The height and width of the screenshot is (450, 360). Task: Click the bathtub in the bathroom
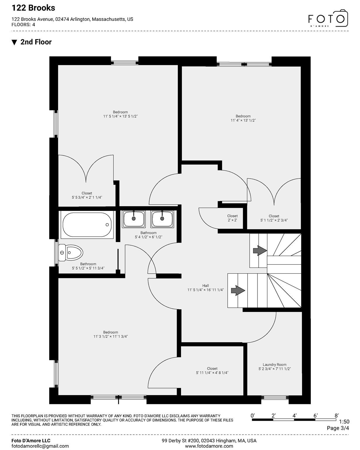coord(87,225)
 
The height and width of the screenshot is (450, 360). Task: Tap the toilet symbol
coord(71,253)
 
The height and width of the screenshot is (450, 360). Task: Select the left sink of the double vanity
coord(134,219)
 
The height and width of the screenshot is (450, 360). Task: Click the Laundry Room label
coord(274,364)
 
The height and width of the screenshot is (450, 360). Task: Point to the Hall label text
coord(206,285)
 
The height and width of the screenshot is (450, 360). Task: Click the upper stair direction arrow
coord(260,250)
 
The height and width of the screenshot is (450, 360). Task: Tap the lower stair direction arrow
coord(238,290)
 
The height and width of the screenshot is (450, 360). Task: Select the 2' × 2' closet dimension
coord(233,220)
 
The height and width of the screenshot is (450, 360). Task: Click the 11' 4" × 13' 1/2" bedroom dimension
coord(243,120)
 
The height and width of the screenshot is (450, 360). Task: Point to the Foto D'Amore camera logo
coord(328,18)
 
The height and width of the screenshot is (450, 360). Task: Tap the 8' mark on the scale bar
coord(336,415)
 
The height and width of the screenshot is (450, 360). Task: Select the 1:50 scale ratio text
coord(344,421)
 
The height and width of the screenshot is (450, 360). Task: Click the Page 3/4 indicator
coord(338,428)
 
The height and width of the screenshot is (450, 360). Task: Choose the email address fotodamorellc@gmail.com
coord(40,446)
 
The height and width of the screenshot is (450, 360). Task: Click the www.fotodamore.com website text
coord(209,446)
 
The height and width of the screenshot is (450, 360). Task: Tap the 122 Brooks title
coord(33,8)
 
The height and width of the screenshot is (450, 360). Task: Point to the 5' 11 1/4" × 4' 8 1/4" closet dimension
coord(212,373)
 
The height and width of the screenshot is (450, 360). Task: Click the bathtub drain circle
coord(107,225)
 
